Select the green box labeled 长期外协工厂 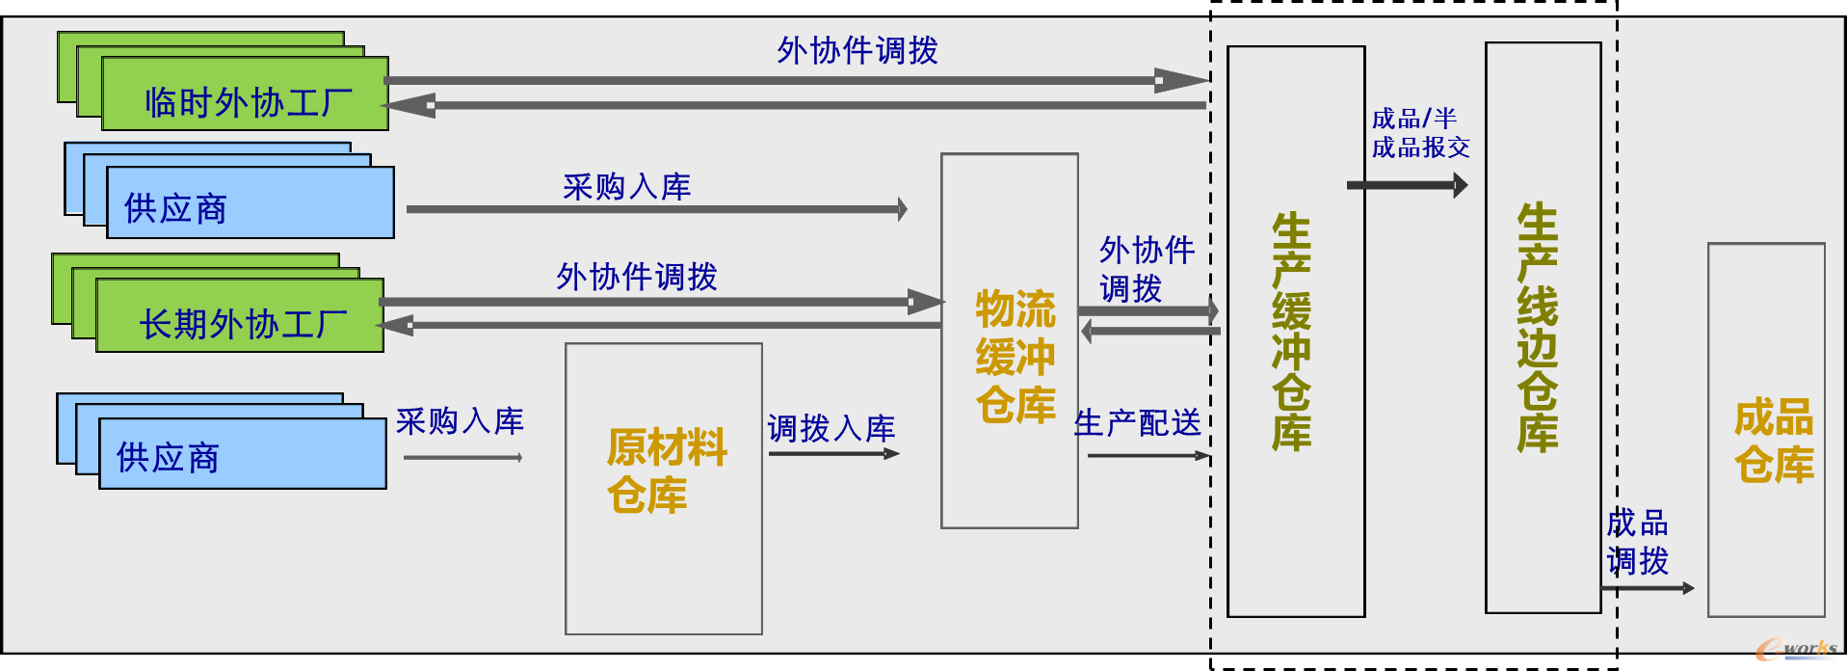coord(240,317)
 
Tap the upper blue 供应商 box coord(250,203)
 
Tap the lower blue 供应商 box coord(242,454)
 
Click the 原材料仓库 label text coord(665,471)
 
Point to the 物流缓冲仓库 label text coord(1015,357)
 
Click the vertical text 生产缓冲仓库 coord(1292,333)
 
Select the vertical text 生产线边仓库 coord(1538,328)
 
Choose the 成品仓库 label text coord(1773,441)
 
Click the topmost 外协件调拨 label coord(858,50)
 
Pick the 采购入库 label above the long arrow coord(626,186)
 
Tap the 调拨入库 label coord(831,428)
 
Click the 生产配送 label coord(1137,422)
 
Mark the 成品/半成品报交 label coord(1420,133)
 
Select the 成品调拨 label coord(1637,542)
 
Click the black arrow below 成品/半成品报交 coord(1407,185)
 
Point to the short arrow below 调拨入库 coord(832,453)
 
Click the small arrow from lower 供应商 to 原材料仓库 coord(462,458)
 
